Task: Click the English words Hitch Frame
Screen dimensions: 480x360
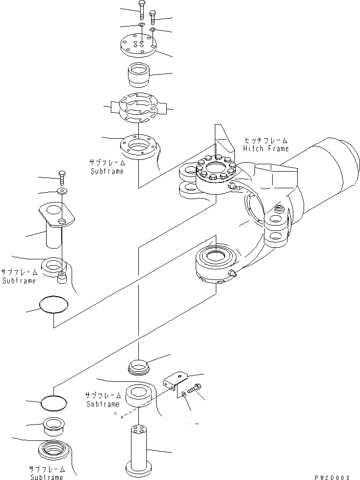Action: click(x=266, y=149)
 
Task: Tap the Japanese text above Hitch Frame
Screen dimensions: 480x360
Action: click(x=266, y=141)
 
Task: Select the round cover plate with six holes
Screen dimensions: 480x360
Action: click(x=139, y=45)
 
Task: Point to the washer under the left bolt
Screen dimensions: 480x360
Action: click(x=62, y=190)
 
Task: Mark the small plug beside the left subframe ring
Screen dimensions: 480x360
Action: click(x=62, y=278)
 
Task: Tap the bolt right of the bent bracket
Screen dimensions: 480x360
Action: click(x=193, y=388)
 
